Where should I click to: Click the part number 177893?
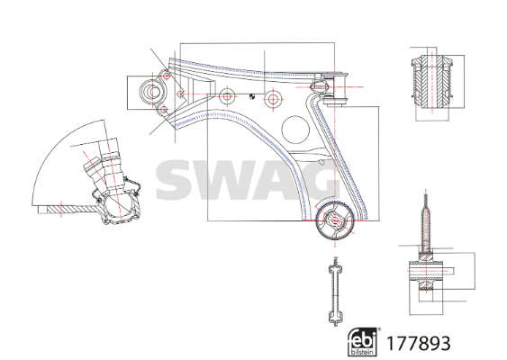[x=419, y=343]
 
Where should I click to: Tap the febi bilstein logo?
[x=363, y=342]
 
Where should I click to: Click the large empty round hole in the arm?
[x=295, y=130]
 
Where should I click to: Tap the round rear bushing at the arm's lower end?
[x=335, y=220]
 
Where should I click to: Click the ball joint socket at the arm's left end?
[x=152, y=91]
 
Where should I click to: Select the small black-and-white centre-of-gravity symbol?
[x=251, y=96]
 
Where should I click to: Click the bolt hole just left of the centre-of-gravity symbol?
[x=227, y=96]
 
